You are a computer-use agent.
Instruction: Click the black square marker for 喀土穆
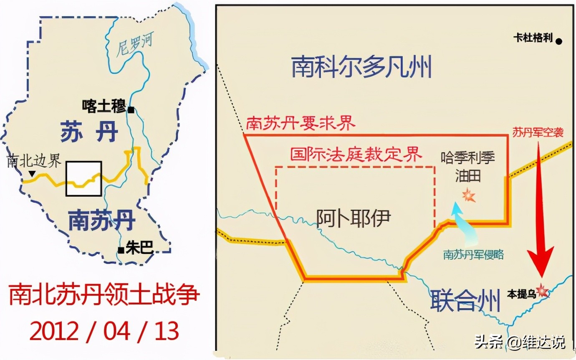coord(131,110)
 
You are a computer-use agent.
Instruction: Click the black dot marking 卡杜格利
coord(558,41)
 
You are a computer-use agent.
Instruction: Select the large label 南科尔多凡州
coord(361,67)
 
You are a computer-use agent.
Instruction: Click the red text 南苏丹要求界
coord(301,124)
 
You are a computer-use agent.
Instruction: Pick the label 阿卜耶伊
coord(354,218)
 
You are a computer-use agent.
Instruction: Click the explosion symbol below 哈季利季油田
coord(469,195)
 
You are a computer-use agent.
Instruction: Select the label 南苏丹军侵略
coord(473,254)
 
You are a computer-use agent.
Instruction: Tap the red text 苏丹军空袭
coord(538,132)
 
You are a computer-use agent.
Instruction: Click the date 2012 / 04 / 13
coord(104,331)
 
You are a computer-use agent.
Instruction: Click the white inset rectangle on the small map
coord(84,178)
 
